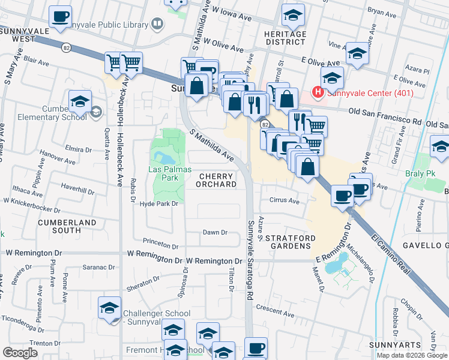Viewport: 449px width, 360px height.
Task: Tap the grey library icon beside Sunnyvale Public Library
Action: coord(157,25)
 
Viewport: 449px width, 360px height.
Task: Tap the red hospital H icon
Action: coord(317,93)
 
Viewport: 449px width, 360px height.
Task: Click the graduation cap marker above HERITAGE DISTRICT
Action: coord(293,16)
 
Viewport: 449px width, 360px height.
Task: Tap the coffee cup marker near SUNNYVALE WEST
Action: coord(59,17)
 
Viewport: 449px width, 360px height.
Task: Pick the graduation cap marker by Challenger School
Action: coord(110,309)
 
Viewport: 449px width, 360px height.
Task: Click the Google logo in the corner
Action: coord(20,353)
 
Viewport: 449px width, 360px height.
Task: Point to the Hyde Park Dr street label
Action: coord(159,204)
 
